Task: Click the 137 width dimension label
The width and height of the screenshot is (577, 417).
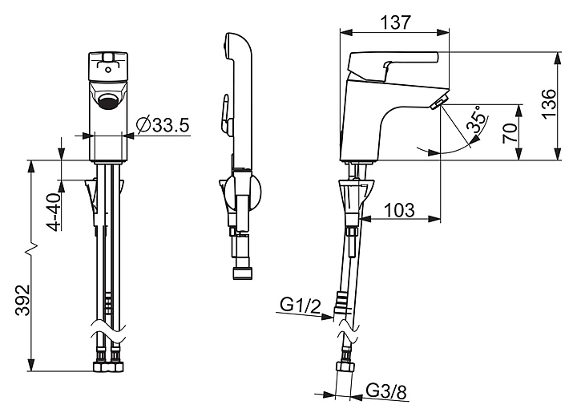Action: point(394,23)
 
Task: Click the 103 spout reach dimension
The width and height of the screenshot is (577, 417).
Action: point(398,210)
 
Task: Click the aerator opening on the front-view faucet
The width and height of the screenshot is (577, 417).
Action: point(108,101)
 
